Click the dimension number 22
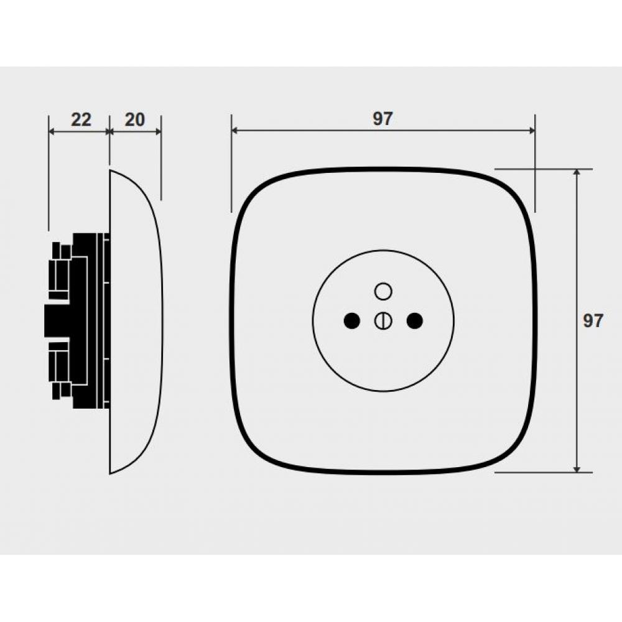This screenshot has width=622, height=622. point(81,119)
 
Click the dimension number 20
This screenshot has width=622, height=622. point(135,119)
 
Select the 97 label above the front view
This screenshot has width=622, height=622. point(383,119)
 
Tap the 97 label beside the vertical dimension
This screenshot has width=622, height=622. point(593,320)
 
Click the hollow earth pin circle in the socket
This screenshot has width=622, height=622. point(383,291)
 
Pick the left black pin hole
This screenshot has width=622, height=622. point(351,320)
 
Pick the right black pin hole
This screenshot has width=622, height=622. point(415,320)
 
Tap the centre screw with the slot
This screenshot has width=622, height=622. point(383,320)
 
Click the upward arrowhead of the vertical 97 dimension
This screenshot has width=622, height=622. point(577,172)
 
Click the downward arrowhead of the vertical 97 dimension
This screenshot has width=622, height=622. point(577,469)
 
